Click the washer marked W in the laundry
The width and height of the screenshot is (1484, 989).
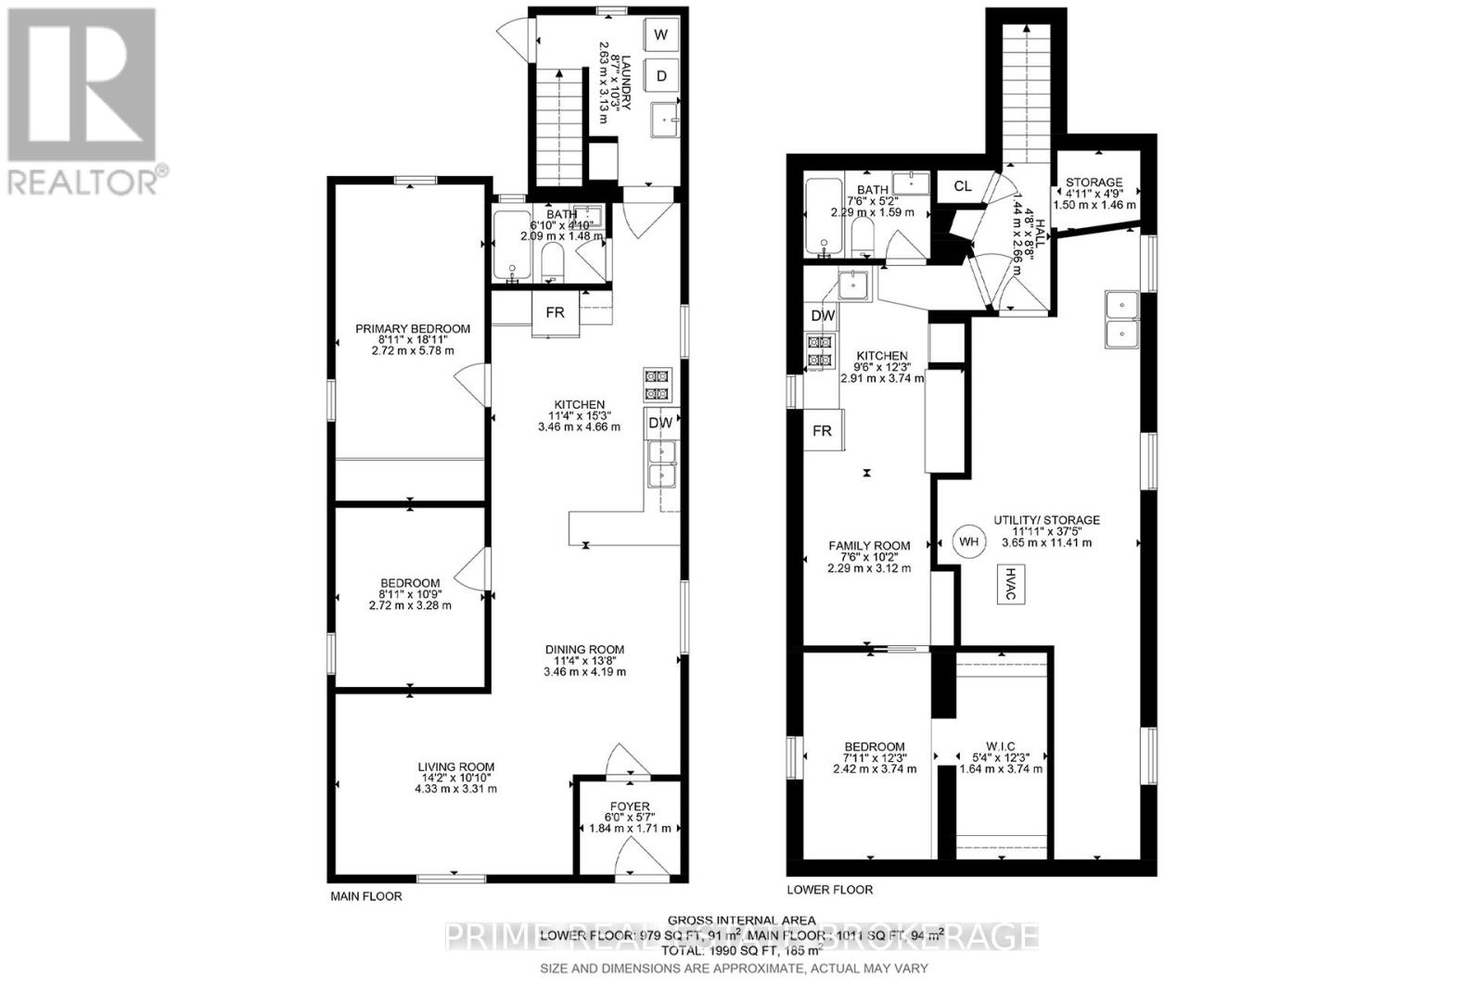pos(660,35)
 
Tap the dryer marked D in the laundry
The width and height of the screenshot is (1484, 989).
pos(660,76)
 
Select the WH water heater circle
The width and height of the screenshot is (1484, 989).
pos(968,541)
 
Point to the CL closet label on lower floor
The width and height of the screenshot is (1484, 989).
pos(963,186)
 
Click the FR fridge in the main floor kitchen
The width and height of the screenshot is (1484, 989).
pos(555,313)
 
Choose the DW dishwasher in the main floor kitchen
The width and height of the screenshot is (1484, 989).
pos(660,423)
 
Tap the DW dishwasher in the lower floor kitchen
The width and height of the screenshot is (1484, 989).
pos(823,316)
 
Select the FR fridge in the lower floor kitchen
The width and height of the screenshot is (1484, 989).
pos(822,431)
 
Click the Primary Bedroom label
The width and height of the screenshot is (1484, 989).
pos(413,329)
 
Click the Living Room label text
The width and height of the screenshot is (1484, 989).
pos(455,767)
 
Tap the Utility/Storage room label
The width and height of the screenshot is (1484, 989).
pos(1046,520)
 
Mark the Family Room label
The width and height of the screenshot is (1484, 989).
pos(869,546)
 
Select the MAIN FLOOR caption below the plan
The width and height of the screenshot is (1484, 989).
pos(366,897)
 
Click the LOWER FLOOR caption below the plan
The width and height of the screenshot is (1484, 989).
pos(829,890)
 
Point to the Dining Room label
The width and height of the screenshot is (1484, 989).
pos(584,650)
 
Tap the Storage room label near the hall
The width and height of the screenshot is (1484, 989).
pos(1094,183)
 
